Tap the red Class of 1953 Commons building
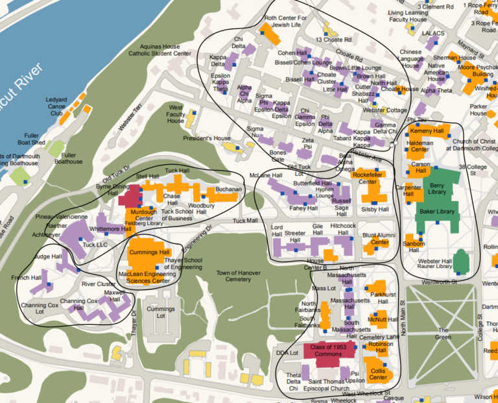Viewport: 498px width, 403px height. pos(326,351)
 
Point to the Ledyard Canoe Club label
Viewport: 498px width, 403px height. pos(56,106)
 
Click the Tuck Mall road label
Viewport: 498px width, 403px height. pos(245,221)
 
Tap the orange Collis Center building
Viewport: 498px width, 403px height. pos(378,374)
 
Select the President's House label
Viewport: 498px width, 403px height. pos(206,138)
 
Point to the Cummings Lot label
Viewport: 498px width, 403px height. pos(160,313)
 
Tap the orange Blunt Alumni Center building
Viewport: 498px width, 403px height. pos(375,240)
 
